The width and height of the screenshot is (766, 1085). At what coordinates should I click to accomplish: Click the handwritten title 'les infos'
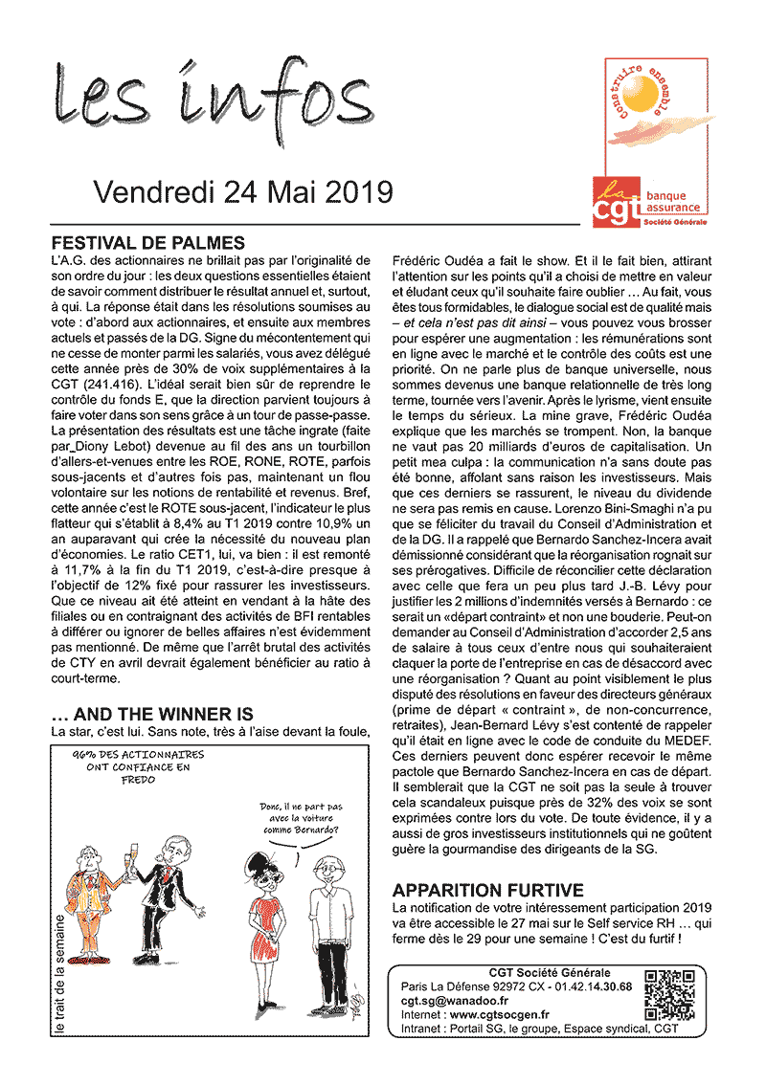click(211, 99)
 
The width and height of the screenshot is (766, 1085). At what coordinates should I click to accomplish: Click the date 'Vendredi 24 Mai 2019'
click(243, 191)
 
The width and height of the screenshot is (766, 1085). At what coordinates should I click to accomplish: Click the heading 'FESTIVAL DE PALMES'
click(147, 243)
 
